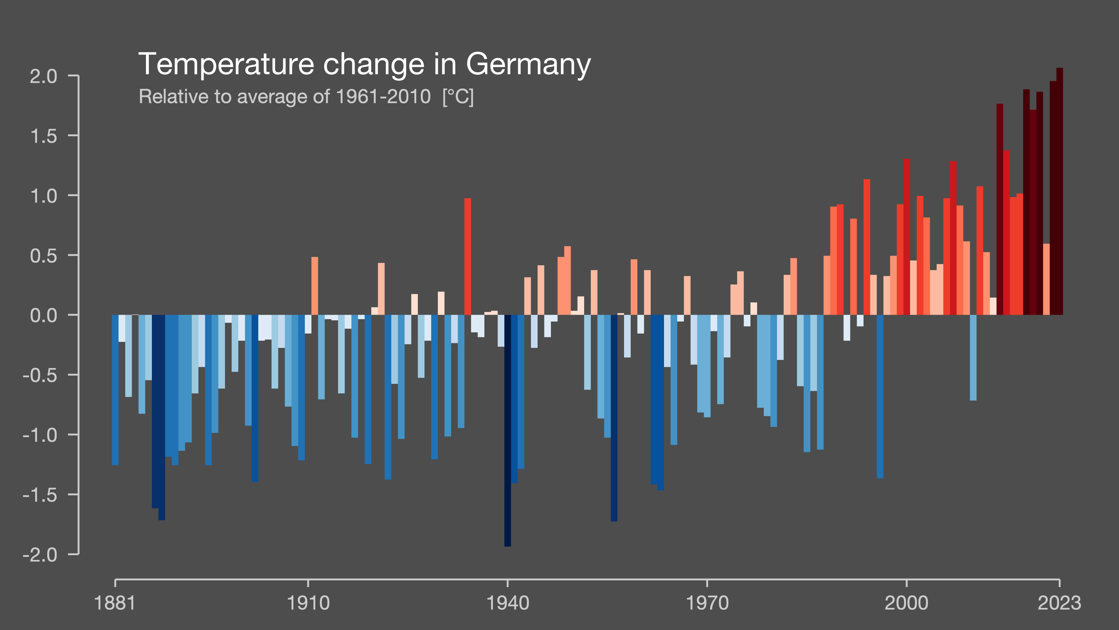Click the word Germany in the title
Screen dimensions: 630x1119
(x=528, y=64)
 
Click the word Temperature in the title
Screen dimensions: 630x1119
(x=226, y=64)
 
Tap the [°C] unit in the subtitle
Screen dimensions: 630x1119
(x=458, y=97)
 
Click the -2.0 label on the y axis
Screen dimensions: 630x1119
(x=40, y=555)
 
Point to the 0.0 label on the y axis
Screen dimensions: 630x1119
(x=44, y=316)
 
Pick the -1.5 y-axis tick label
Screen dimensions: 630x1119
(x=40, y=495)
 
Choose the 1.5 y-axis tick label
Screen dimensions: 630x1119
(x=44, y=137)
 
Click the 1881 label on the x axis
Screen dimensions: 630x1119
(x=115, y=603)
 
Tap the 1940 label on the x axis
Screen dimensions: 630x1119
(x=507, y=603)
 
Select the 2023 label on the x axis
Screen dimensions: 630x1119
(x=1059, y=603)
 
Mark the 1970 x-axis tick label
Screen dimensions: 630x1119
(x=707, y=603)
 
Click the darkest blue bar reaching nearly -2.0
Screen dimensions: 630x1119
(x=507, y=431)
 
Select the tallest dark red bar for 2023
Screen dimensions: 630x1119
(x=1059, y=191)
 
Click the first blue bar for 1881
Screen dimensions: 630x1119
(x=115, y=390)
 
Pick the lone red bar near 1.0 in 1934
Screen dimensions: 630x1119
(x=467, y=257)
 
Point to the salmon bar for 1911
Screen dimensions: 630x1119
(x=314, y=286)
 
